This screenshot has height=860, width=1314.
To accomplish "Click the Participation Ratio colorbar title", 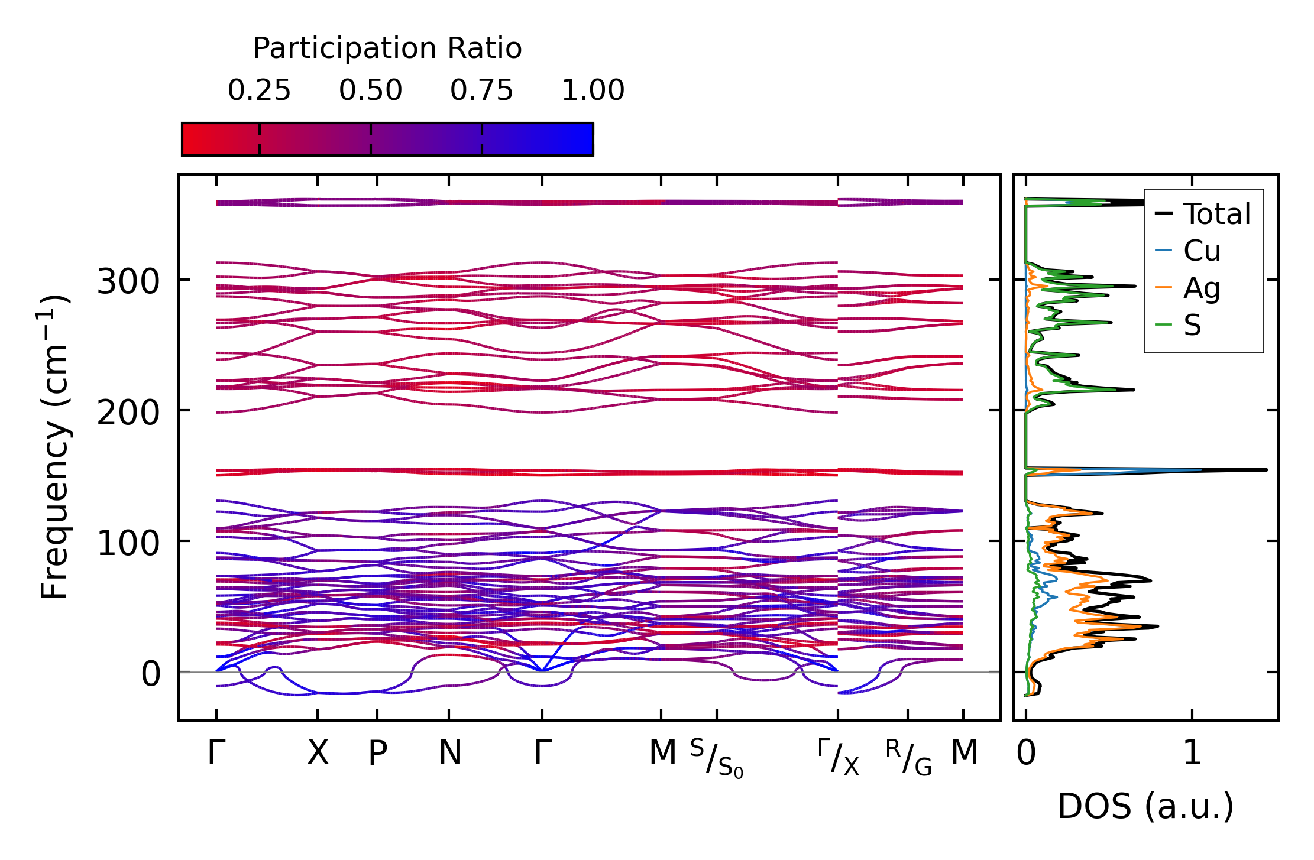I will [387, 48].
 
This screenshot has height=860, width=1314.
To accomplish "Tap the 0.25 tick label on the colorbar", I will [259, 90].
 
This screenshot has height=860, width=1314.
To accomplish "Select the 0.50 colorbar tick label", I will [370, 90].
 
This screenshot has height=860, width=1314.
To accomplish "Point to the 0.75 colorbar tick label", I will [481, 90].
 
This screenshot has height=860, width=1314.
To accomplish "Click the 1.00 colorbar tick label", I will [593, 90].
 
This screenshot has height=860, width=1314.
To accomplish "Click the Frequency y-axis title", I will [55, 447].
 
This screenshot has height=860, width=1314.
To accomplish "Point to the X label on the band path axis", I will [318, 753].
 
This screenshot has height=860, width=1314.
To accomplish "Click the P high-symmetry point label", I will [377, 753].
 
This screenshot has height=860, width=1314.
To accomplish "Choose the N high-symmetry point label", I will [449, 753].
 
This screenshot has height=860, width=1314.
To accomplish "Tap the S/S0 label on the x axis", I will [717, 758].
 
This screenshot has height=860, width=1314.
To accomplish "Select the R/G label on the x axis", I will [908, 757].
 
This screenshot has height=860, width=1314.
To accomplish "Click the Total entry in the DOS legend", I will [1216, 214].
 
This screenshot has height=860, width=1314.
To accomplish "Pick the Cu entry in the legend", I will [1202, 251].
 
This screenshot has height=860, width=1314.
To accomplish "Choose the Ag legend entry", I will [1202, 288].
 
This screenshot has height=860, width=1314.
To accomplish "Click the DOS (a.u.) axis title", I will [1145, 806].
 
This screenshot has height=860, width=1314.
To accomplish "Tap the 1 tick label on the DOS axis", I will [1192, 753].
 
